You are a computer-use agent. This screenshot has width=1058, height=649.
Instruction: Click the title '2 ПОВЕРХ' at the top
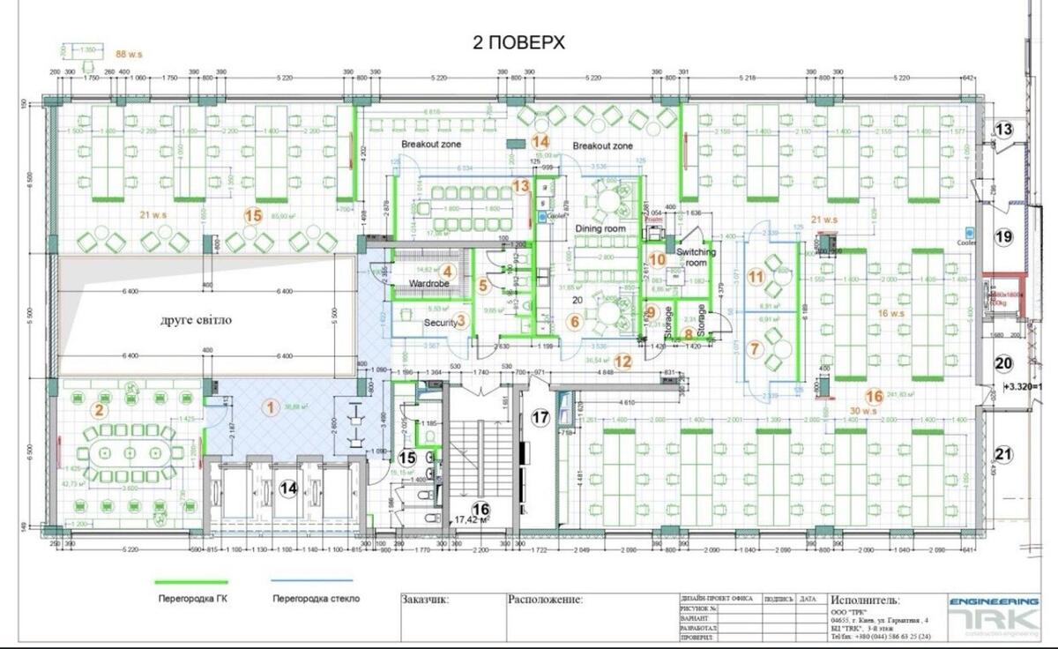point(519,41)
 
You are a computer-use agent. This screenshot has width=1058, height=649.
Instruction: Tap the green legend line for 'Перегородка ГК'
point(191,582)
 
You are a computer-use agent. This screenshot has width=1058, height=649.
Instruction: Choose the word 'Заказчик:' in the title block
point(425,601)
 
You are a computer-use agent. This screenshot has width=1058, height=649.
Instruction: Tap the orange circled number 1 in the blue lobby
point(271,407)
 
